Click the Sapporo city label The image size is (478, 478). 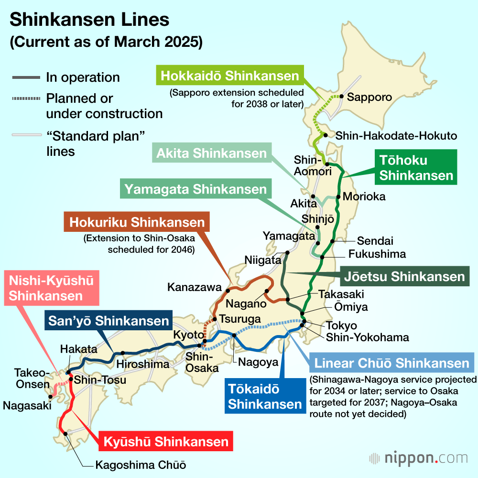(x=369, y=97)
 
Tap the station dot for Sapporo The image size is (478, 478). (x=341, y=96)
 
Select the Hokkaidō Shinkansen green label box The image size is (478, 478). (x=230, y=76)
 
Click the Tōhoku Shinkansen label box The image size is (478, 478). (x=416, y=167)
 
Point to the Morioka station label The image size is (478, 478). (x=364, y=196)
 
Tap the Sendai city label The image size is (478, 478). (x=375, y=241)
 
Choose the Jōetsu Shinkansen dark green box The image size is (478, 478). (x=404, y=276)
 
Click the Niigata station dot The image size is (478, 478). (x=287, y=252)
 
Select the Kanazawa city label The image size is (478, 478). (x=195, y=287)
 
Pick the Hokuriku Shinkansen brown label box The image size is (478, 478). (x=137, y=222)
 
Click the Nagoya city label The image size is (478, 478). (x=258, y=362)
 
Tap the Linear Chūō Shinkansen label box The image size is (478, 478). (x=391, y=364)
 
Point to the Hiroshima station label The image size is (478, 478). (x=143, y=364)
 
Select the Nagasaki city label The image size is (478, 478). (x=27, y=406)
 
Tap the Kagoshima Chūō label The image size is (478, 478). (x=141, y=465)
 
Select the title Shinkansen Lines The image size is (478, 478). (x=90, y=20)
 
